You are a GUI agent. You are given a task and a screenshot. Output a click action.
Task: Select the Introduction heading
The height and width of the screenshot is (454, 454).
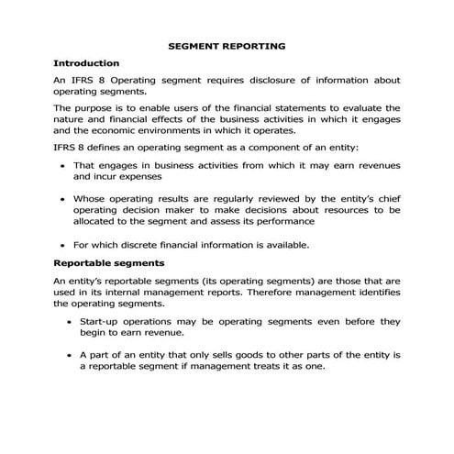[87, 63]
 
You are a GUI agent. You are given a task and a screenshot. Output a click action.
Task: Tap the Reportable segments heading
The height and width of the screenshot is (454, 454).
[107, 264]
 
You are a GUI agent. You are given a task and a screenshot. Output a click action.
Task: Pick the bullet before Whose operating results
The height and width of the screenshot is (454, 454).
[61, 198]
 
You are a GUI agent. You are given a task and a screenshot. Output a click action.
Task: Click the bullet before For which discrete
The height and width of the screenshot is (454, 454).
[61, 245]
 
